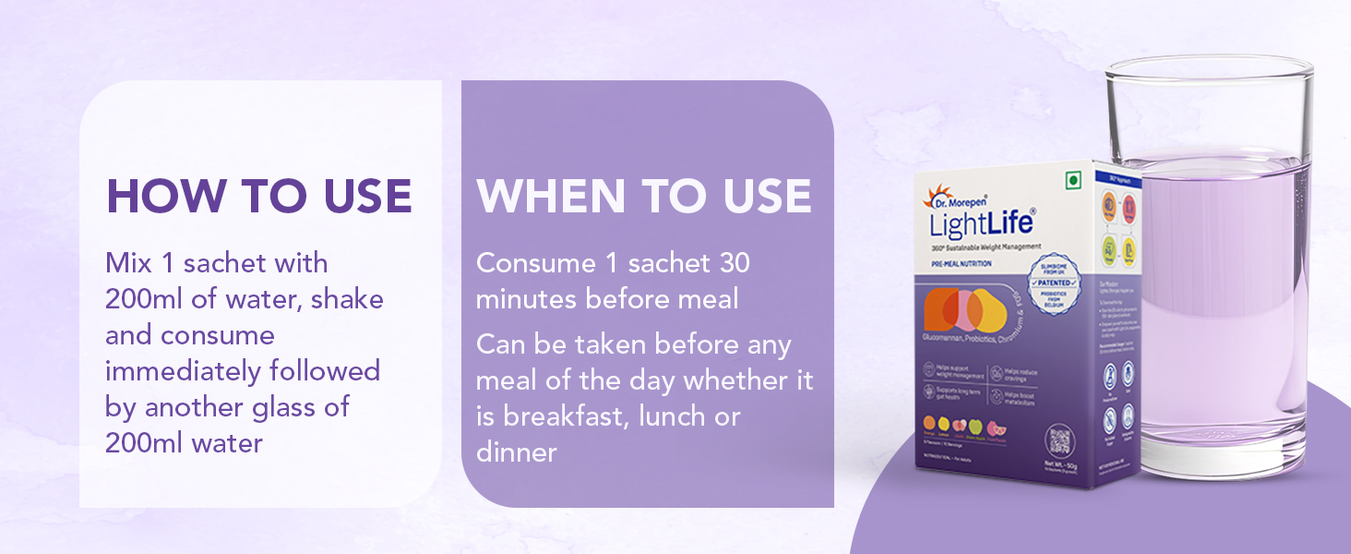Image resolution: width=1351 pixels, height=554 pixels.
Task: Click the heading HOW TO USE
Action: click(259, 196)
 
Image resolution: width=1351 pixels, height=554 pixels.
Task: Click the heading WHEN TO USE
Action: click(644, 196)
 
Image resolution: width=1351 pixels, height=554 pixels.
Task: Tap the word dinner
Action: click(517, 452)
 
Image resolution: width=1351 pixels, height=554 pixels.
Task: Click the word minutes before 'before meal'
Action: click(525, 299)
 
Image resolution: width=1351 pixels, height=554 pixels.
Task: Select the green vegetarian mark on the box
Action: click(1073, 181)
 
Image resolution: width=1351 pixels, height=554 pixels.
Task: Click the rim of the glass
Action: click(1210, 67)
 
